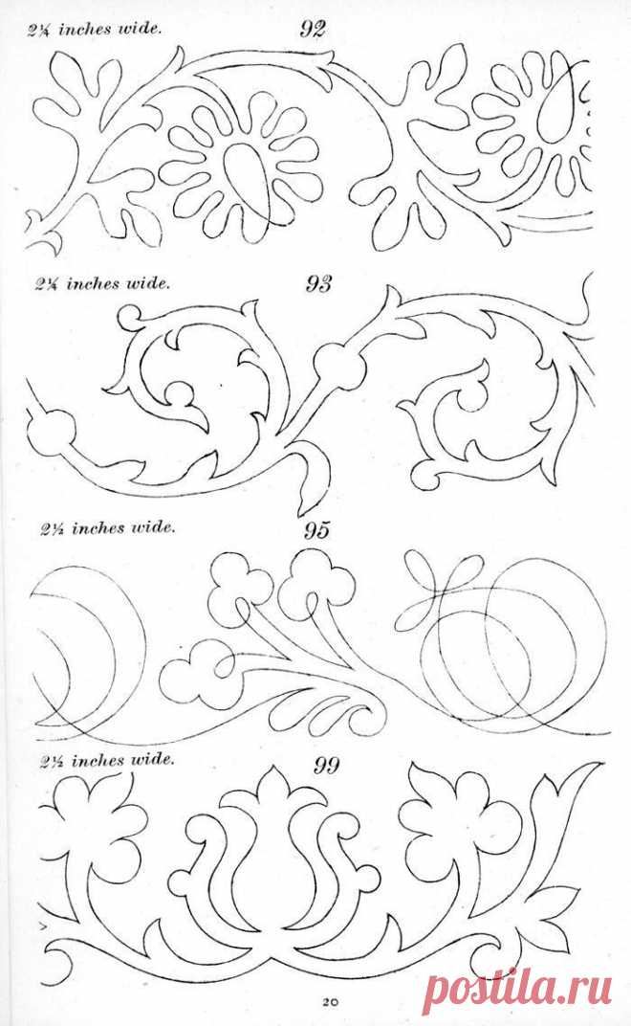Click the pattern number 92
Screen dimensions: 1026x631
click(x=313, y=29)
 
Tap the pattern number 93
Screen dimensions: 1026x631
click(x=318, y=284)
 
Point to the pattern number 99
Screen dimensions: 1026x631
click(x=327, y=764)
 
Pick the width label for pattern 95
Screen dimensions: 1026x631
click(x=107, y=527)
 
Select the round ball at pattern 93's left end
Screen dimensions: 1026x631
click(x=51, y=433)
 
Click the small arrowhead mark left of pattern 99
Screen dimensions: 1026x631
click(x=42, y=926)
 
